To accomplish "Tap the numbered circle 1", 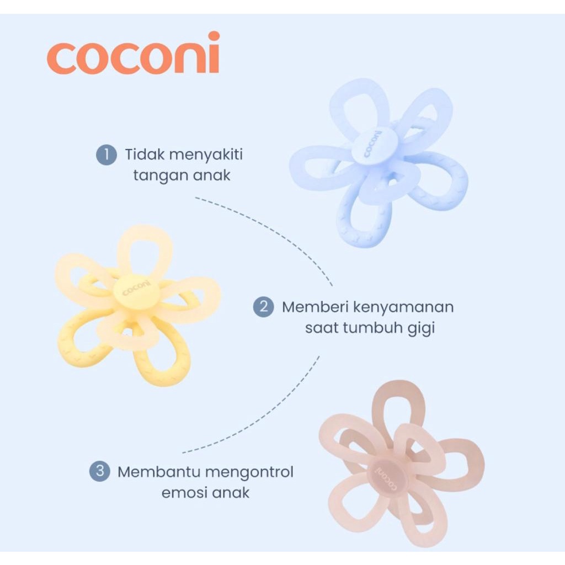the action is (x=106, y=155).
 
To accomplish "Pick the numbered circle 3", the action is (x=99, y=472).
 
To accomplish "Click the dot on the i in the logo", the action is (x=214, y=36).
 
